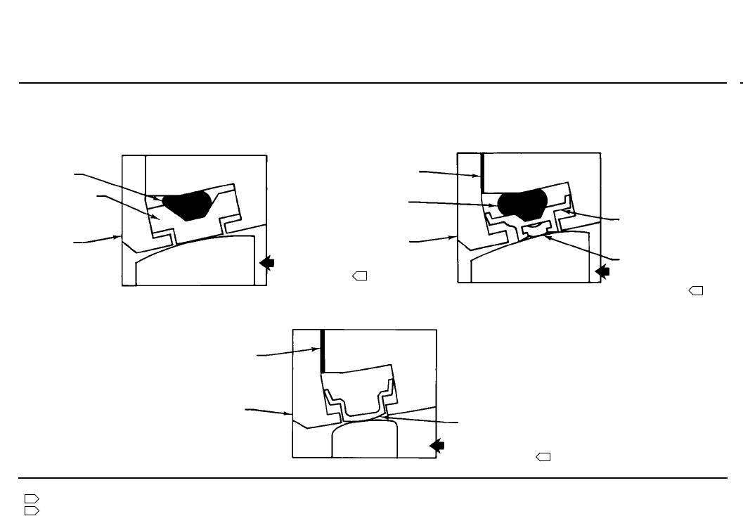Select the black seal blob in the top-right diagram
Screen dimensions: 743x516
(x=522, y=203)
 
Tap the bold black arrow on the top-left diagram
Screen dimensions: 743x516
(x=266, y=262)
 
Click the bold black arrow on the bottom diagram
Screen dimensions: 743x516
(x=437, y=445)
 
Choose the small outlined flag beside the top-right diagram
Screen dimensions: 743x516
(x=696, y=290)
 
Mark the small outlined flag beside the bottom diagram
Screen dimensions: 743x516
(x=543, y=458)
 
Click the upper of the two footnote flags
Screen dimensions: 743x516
(x=31, y=498)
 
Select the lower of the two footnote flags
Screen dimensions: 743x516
(x=31, y=510)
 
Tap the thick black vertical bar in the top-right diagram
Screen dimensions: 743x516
(x=483, y=172)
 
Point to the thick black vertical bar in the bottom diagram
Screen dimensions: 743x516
(x=323, y=351)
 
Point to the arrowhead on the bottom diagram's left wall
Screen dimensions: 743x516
(x=288, y=414)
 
